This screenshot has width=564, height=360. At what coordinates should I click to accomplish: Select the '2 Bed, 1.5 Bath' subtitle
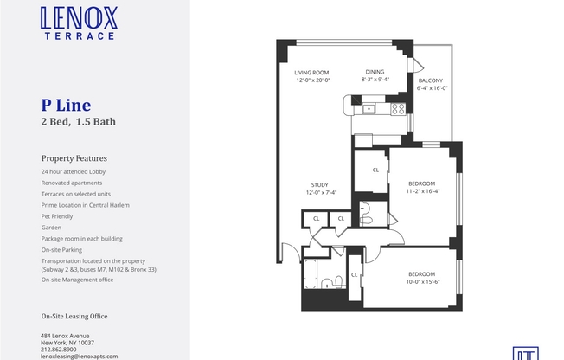[79, 122]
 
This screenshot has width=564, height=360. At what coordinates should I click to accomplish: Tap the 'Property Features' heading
[74, 158]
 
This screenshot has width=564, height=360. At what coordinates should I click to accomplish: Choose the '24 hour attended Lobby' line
[75, 172]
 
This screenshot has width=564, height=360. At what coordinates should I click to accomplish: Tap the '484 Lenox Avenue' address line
[65, 336]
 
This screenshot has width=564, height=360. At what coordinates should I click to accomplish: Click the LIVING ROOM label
[313, 72]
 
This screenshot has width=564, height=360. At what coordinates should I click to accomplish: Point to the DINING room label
[375, 72]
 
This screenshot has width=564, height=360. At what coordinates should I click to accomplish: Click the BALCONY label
[432, 80]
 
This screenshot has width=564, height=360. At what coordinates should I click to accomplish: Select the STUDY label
[319, 184]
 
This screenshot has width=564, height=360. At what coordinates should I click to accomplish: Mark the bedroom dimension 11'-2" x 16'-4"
[422, 191]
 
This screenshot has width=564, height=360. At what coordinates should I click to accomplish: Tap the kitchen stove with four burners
[398, 108]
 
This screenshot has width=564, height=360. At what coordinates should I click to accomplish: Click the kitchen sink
[369, 108]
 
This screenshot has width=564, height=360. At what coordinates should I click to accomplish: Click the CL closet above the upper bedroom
[375, 170]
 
